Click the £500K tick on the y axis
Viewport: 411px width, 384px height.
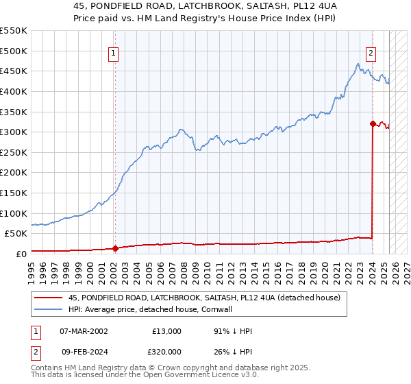[13, 51]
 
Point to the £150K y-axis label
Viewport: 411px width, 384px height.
[13, 193]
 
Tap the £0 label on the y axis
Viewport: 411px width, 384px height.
[21, 254]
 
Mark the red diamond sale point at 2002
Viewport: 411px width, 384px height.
[115, 248]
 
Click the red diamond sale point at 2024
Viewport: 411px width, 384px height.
[373, 124]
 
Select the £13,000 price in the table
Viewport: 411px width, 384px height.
[166, 331]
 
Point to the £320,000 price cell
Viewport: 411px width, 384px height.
[166, 351]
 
